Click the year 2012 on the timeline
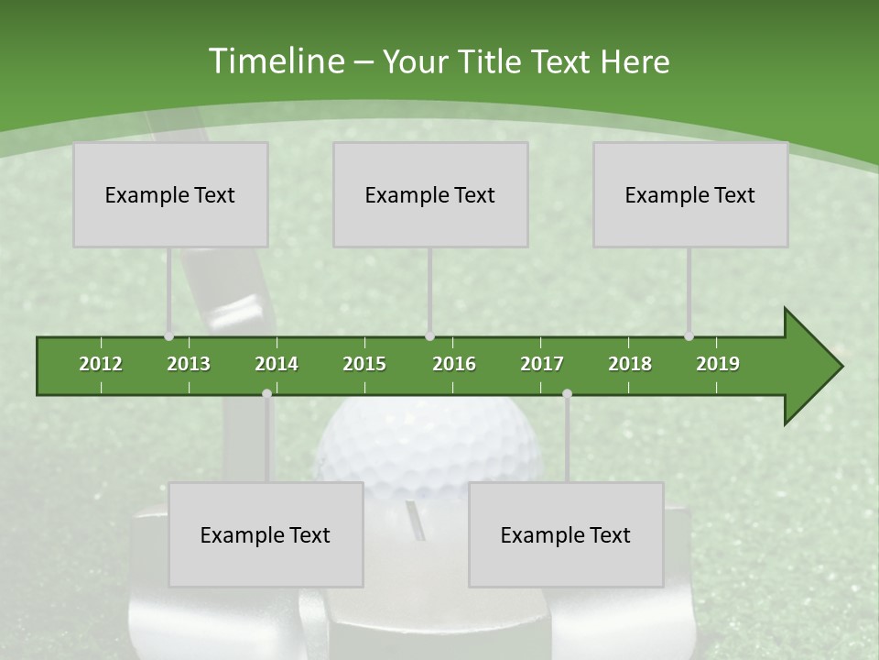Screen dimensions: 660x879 click(x=101, y=364)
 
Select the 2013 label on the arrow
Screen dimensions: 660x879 click(x=189, y=364)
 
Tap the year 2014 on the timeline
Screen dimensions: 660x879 click(x=277, y=364)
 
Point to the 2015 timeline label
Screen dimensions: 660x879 click(x=364, y=364)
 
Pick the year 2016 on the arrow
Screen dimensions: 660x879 click(x=454, y=364)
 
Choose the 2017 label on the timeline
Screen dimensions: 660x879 click(x=542, y=364)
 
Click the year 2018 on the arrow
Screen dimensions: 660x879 click(x=630, y=364)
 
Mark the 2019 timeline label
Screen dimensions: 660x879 click(x=718, y=364)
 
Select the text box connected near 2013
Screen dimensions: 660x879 click(x=170, y=194)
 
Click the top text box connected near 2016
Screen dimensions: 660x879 click(x=430, y=194)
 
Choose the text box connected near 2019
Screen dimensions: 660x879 click(x=690, y=194)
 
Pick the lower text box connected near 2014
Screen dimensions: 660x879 click(x=266, y=534)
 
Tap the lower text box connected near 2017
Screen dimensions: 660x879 click(x=566, y=534)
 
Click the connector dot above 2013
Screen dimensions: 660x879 click(x=169, y=336)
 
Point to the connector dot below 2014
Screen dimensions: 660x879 click(x=266, y=394)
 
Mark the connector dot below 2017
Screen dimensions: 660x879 click(x=567, y=394)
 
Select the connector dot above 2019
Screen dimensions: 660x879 click(x=689, y=336)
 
